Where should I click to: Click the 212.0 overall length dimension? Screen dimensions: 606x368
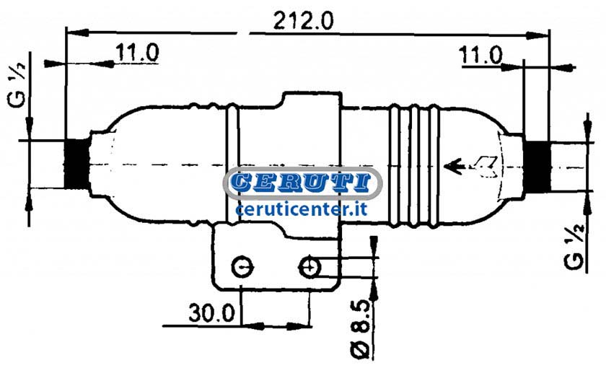[303, 21]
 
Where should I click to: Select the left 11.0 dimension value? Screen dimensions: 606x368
[137, 53]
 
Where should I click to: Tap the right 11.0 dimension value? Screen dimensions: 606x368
[480, 56]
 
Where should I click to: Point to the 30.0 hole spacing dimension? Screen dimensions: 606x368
[212, 312]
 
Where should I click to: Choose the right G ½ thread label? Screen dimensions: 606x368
[574, 247]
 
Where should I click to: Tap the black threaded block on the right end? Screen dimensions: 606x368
[537, 167]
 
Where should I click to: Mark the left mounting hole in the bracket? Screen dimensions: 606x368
[242, 267]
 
